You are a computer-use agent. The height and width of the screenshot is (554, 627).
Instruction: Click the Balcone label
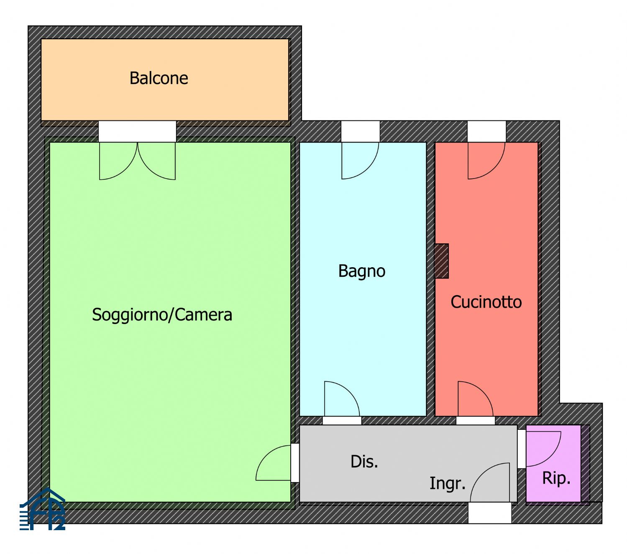coord(159,78)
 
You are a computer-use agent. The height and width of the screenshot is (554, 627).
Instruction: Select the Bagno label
coord(361,272)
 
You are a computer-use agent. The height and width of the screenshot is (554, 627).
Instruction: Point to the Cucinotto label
coord(486,302)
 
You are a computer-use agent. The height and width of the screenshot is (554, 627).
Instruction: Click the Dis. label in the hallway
coord(364,462)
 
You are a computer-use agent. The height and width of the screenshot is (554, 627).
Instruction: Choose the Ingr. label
coord(448,483)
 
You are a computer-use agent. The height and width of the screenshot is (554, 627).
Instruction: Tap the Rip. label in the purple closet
coord(556,478)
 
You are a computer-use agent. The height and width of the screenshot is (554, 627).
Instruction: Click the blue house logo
coord(42,510)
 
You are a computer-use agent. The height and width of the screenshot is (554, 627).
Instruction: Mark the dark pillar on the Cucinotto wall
coord(441,261)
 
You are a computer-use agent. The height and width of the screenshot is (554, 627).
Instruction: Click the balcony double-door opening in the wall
coord(138,131)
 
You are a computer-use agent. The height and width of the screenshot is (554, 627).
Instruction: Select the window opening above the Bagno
coord(361,131)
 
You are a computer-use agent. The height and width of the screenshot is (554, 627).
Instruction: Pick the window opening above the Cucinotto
coord(487,131)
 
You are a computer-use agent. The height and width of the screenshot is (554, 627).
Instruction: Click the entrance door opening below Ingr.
coord(489,513)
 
